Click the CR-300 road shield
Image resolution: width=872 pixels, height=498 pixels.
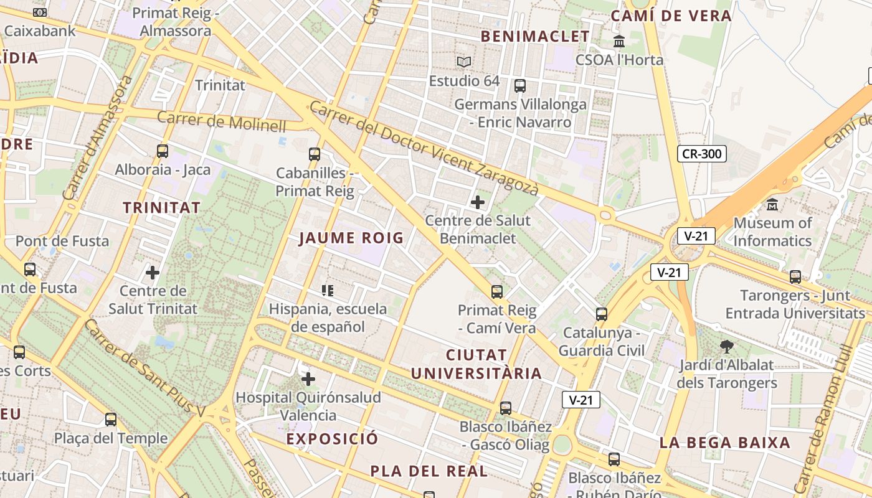pyautogui.click(x=702, y=153)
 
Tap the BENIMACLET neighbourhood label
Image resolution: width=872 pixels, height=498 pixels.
pyautogui.click(x=535, y=36)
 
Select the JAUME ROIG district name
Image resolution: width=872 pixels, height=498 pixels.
pyautogui.click(x=351, y=238)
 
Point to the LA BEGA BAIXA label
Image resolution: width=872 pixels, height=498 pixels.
pyautogui.click(x=724, y=443)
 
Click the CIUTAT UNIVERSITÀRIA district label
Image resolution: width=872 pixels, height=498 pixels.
pyautogui.click(x=476, y=364)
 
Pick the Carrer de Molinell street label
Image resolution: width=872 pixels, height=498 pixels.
pyautogui.click(x=221, y=120)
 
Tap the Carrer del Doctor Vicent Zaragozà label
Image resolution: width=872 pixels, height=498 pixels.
pyautogui.click(x=424, y=149)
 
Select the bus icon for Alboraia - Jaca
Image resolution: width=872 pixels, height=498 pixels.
pyautogui.click(x=163, y=151)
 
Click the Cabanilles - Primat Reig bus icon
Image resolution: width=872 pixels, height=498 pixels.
pyautogui.click(x=315, y=154)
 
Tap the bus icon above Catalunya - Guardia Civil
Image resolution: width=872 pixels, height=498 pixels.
pyautogui.click(x=601, y=314)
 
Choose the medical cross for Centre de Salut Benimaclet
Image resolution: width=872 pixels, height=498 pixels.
pyautogui.click(x=478, y=202)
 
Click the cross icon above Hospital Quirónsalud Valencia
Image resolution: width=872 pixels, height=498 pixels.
pyautogui.click(x=308, y=378)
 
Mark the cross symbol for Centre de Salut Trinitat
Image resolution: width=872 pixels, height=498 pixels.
pyautogui.click(x=153, y=273)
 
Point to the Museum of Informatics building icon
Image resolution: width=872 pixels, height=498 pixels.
pyautogui.click(x=772, y=204)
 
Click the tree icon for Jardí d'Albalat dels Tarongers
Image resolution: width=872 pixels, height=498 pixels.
pyautogui.click(x=726, y=347)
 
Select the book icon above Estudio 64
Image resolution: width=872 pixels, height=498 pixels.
pyautogui.click(x=463, y=62)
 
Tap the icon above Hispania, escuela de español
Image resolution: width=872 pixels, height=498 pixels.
pyautogui.click(x=328, y=290)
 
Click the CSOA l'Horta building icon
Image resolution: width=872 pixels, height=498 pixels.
pyautogui.click(x=619, y=42)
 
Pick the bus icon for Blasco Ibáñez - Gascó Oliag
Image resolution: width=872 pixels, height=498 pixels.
pyautogui.click(x=506, y=408)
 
